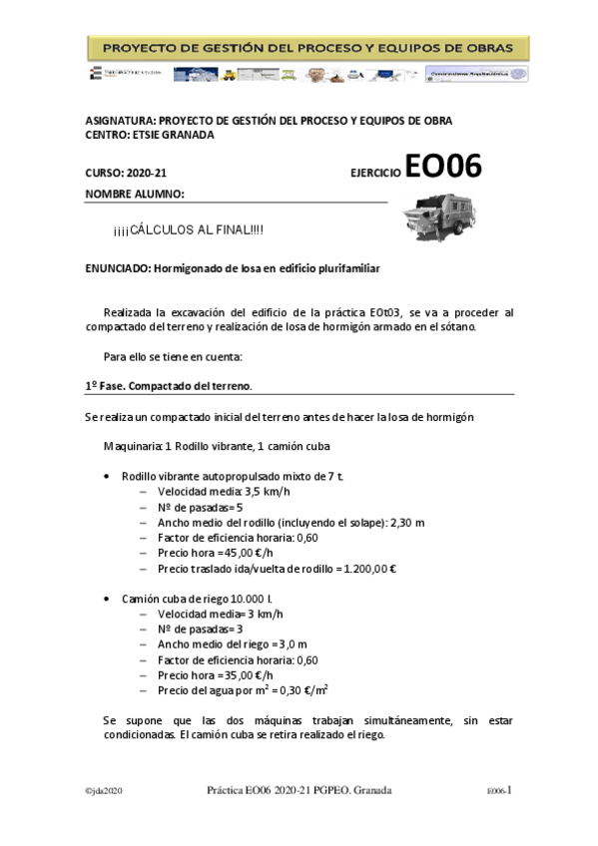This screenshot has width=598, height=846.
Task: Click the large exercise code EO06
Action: click(443, 168)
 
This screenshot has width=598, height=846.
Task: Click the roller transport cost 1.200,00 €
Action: click(369, 570)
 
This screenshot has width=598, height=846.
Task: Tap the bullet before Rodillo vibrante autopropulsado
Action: click(107, 477)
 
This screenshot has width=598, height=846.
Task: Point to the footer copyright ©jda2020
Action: click(104, 790)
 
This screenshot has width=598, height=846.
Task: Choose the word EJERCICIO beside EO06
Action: click(375, 174)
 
